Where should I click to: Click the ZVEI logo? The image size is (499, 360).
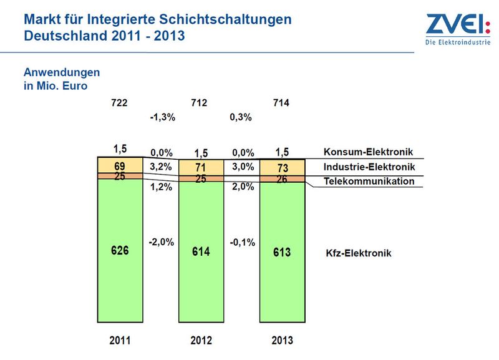click(x=458, y=29)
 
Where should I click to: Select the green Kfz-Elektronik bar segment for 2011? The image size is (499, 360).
click(x=120, y=251)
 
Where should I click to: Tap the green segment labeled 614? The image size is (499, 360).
click(x=201, y=252)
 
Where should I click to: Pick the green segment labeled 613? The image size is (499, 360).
click(x=283, y=252)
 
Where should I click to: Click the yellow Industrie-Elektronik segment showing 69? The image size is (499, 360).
click(x=120, y=165)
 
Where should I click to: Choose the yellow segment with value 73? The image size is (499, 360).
click(x=283, y=168)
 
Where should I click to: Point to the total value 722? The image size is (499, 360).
click(x=119, y=103)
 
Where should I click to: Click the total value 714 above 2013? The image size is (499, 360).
click(x=281, y=103)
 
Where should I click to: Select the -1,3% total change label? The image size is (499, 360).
click(x=163, y=117)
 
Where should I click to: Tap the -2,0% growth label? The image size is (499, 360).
click(x=162, y=242)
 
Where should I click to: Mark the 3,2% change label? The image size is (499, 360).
click(x=161, y=167)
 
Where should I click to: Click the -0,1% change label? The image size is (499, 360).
click(x=243, y=243)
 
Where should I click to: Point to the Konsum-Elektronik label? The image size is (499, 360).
click(x=368, y=152)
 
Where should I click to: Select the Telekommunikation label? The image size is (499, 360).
click(x=369, y=181)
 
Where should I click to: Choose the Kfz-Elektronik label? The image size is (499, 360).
click(x=359, y=253)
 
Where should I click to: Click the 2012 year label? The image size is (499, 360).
click(x=201, y=340)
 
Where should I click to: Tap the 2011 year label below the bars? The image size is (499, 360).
click(x=120, y=340)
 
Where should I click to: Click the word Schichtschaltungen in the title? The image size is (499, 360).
click(x=225, y=19)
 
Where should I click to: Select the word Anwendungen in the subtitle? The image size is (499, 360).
click(x=62, y=72)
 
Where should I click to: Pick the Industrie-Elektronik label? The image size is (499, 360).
click(x=369, y=167)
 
